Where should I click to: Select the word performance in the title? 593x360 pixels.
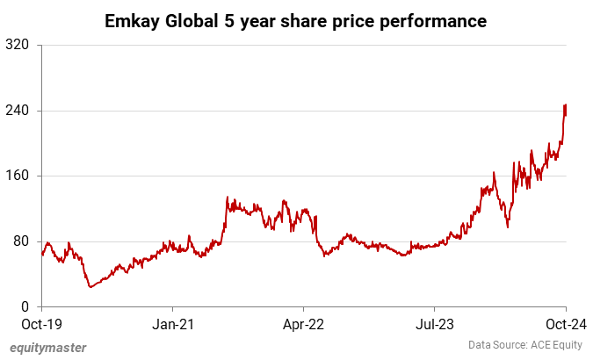tap(437, 19)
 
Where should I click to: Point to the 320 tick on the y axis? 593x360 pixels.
tap(18, 45)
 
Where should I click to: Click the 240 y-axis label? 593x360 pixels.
tap(18, 111)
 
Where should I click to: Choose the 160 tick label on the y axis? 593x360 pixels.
tap(18, 176)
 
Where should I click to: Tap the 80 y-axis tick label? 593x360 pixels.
tap(22, 241)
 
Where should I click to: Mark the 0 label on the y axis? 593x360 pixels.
tap(26, 306)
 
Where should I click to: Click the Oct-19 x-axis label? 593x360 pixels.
tap(41, 324)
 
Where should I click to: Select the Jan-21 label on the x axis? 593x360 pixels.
tap(172, 324)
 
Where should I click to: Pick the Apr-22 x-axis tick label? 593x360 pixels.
tap(303, 324)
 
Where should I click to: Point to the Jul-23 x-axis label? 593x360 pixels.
tap(435, 324)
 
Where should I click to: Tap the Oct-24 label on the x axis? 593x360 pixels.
tap(565, 324)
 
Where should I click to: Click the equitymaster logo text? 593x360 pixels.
tap(48, 348)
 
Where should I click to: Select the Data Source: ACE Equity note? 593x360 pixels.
tap(523, 346)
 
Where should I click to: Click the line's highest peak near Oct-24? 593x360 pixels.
tap(565, 105)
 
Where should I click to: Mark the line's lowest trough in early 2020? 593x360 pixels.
tap(90, 287)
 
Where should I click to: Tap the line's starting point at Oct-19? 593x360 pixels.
tap(42, 255)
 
